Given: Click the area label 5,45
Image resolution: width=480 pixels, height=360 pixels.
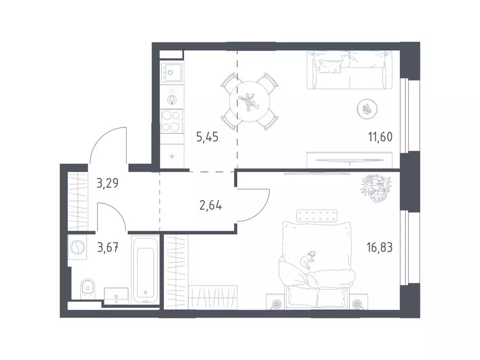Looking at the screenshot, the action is pyautogui.click(x=207, y=137).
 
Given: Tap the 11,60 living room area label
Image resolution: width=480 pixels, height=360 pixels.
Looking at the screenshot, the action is pyautogui.click(x=380, y=137).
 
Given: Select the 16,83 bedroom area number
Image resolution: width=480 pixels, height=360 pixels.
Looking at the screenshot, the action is pyautogui.click(x=380, y=247).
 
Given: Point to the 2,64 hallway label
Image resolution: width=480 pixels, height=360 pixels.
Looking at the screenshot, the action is pyautogui.click(x=210, y=205).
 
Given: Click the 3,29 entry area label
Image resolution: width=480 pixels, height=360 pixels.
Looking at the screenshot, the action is pyautogui.click(x=107, y=183).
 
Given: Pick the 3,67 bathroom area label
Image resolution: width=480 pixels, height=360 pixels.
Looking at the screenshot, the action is pyautogui.click(x=108, y=247).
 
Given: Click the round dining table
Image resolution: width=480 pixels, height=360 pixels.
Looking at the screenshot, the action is pyautogui.click(x=250, y=101).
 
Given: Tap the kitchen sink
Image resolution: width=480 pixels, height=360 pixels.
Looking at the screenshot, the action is pyautogui.click(x=172, y=72).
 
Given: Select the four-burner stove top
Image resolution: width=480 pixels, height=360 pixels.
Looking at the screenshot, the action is pyautogui.click(x=172, y=121).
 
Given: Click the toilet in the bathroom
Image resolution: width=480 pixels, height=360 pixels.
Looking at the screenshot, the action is pyautogui.click(x=88, y=289).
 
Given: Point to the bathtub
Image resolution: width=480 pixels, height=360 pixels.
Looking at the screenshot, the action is pyautogui.click(x=145, y=270).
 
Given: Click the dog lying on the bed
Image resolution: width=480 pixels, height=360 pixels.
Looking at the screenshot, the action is pyautogui.click(x=307, y=260).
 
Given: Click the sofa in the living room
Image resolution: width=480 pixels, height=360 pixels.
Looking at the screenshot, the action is pyautogui.click(x=349, y=70).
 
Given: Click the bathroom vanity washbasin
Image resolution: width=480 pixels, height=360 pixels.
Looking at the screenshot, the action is pyautogui.click(x=116, y=296).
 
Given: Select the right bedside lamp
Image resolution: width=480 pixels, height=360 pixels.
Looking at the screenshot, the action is pyautogui.click(x=356, y=304).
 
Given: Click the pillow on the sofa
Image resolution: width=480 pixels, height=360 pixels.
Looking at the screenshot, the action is pyautogui.click(x=330, y=66).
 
